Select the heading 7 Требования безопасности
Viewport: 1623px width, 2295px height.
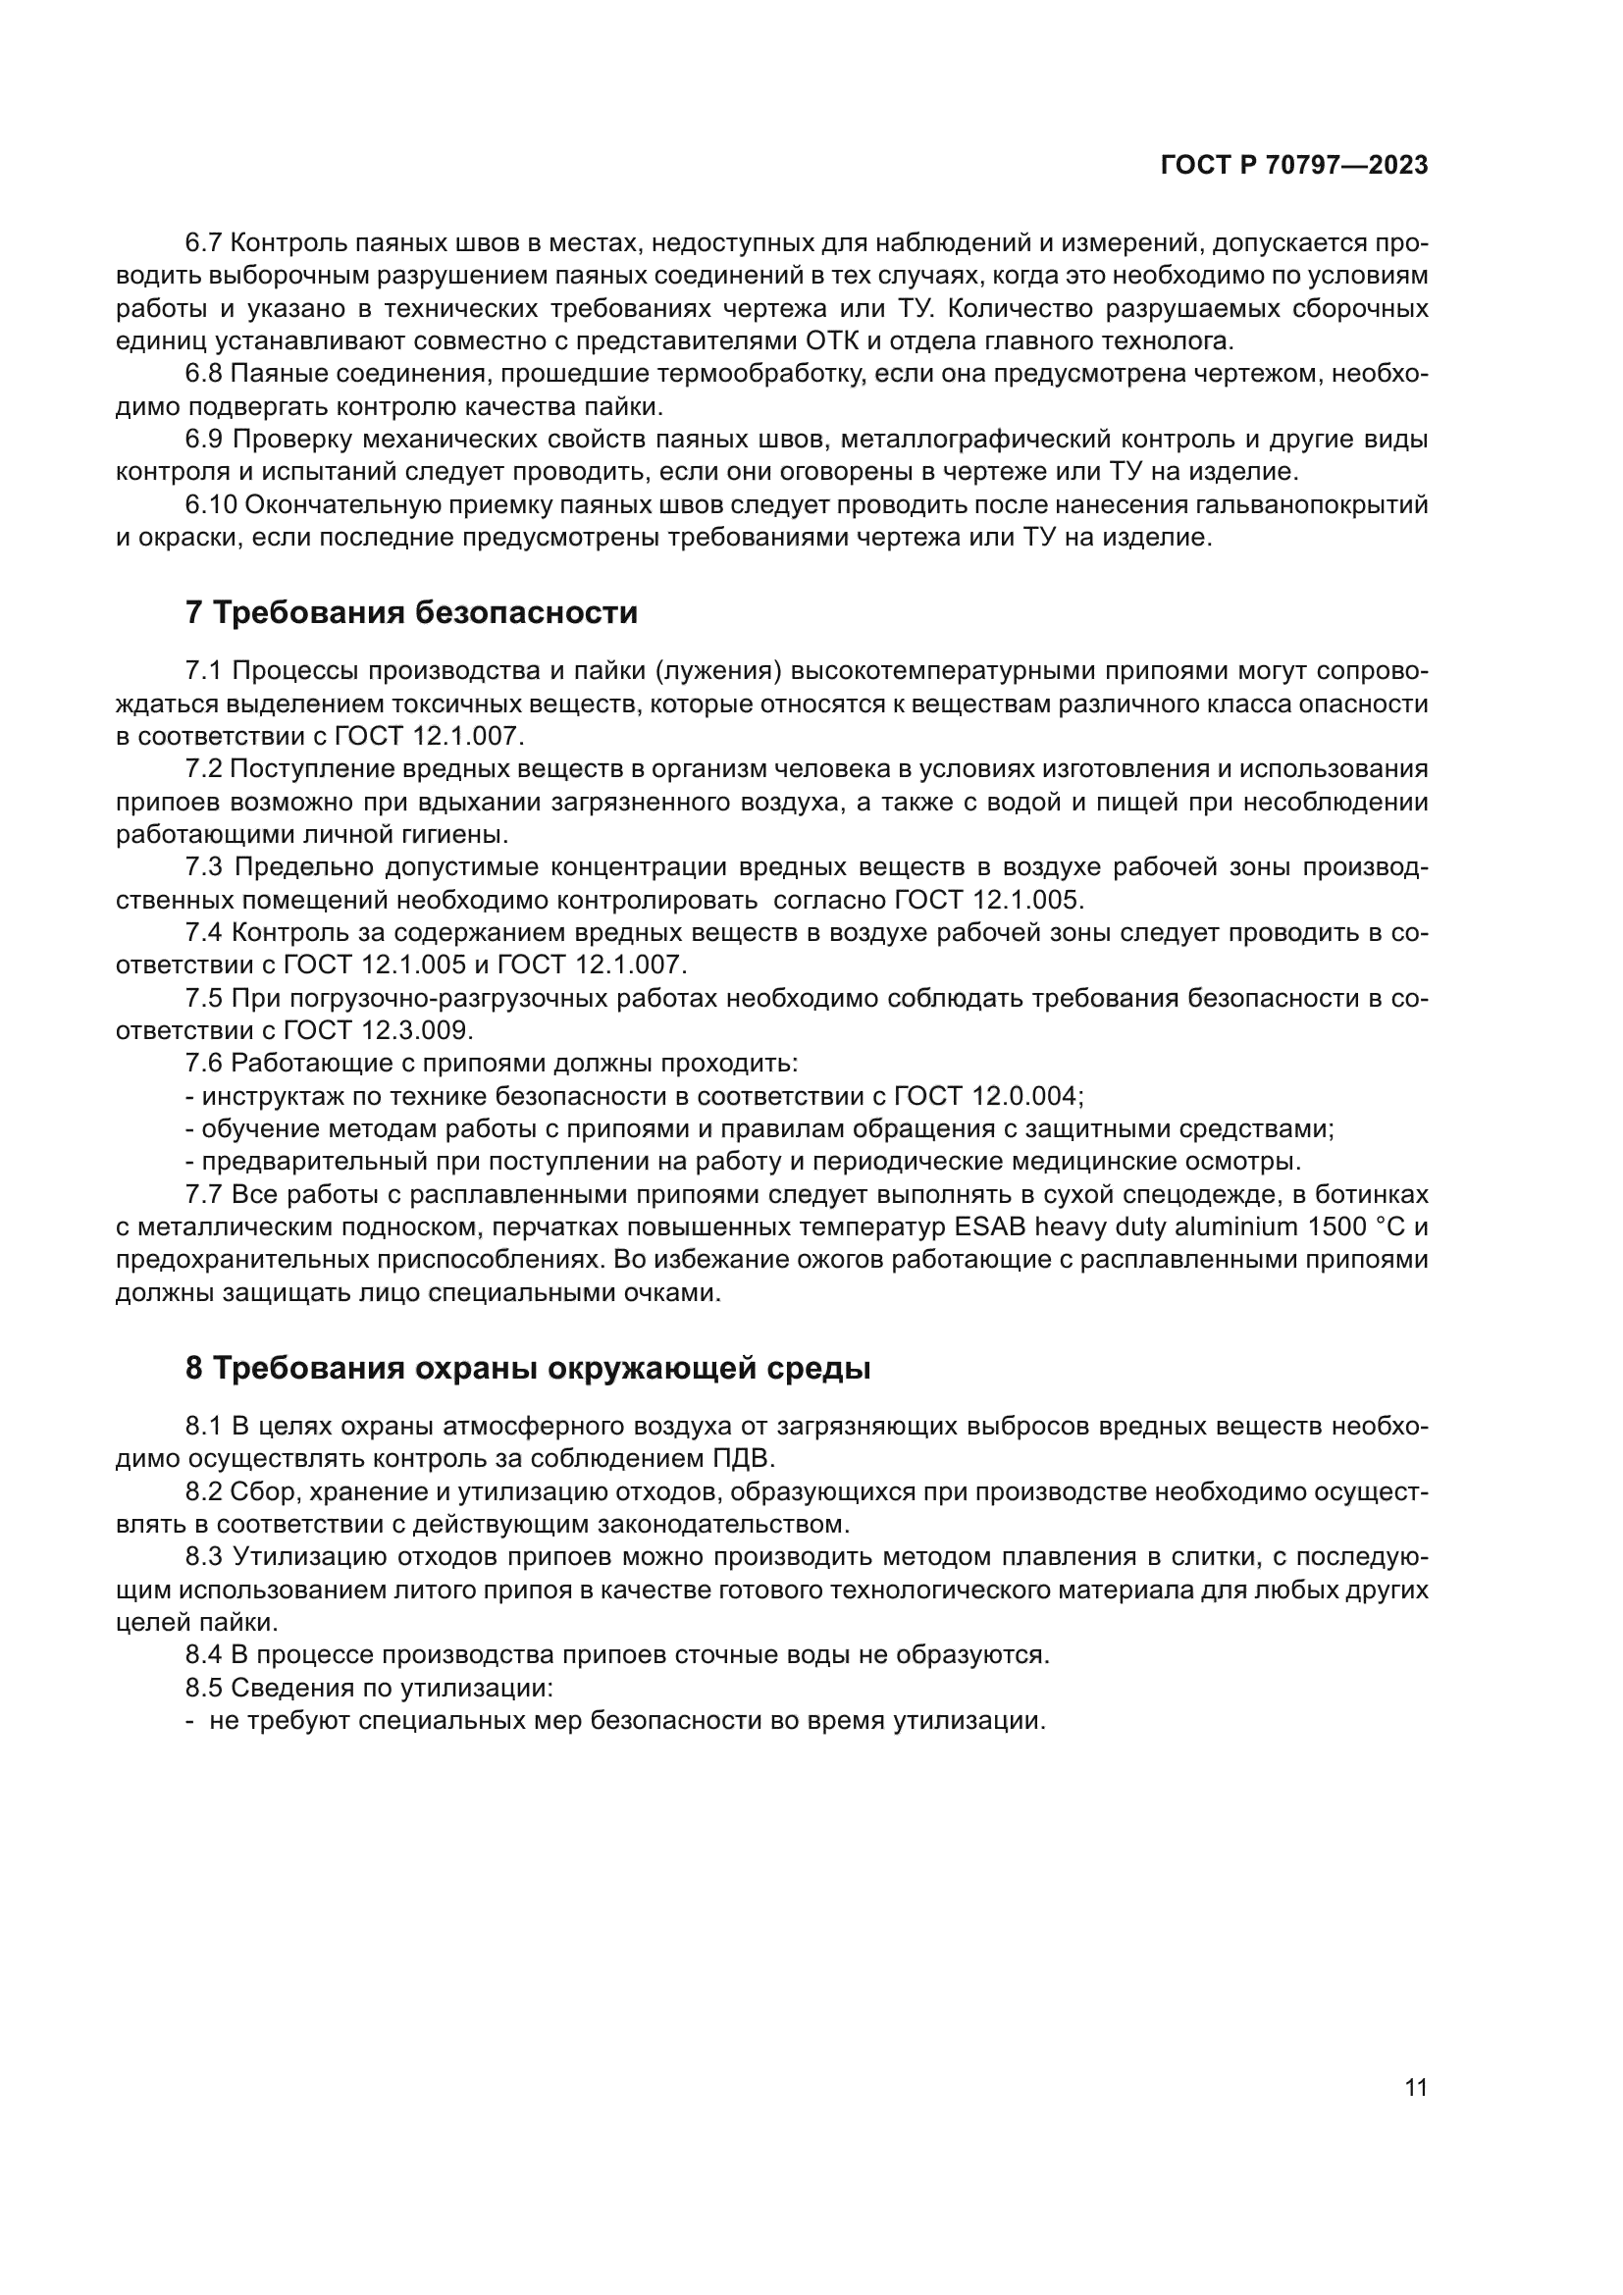(412, 611)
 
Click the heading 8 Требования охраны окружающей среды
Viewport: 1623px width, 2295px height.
(528, 1369)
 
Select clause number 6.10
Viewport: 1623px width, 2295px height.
(211, 504)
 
